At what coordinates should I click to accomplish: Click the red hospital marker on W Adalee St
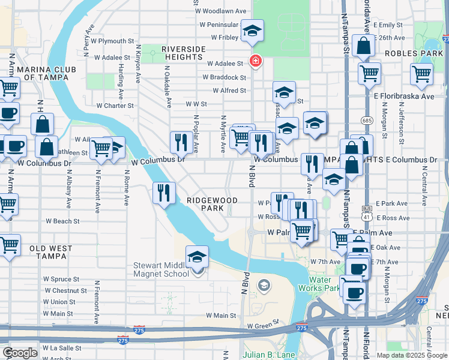point(255,61)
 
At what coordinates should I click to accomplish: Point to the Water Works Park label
point(324,284)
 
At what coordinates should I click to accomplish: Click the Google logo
point(20,352)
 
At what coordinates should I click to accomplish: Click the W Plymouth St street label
point(109,41)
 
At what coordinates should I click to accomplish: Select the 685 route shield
point(366,121)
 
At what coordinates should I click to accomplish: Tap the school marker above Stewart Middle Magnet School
point(197,257)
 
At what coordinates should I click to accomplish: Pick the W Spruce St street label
point(61,279)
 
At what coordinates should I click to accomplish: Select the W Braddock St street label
point(224,77)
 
